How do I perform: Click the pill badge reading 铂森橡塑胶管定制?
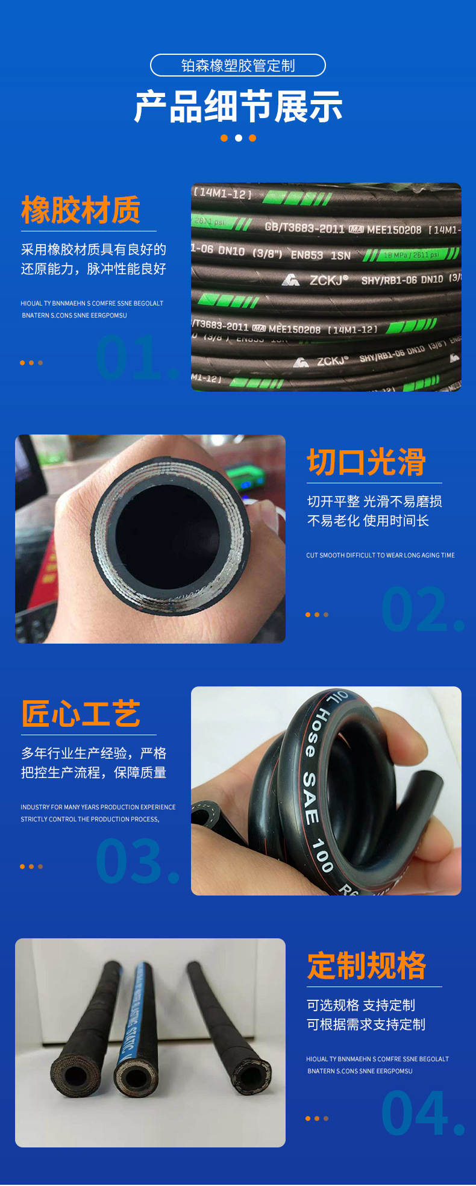tap(238, 65)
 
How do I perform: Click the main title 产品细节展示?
tap(238, 107)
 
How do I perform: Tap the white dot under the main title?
tap(239, 138)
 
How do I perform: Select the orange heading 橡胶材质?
tap(81, 210)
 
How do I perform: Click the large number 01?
tap(136, 358)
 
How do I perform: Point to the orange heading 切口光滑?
tap(366, 462)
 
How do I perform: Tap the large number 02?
tap(422, 610)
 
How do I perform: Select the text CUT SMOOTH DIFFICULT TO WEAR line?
tap(380, 555)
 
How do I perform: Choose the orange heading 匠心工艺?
tap(81, 714)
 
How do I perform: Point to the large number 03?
tap(136, 862)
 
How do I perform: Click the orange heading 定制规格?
tap(366, 966)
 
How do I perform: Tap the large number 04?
tap(422, 1114)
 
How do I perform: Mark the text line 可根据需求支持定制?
tap(366, 1024)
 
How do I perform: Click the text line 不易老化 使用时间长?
tap(368, 521)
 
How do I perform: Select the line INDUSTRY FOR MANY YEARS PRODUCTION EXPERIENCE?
tap(98, 807)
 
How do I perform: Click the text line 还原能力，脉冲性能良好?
tap(93, 269)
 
